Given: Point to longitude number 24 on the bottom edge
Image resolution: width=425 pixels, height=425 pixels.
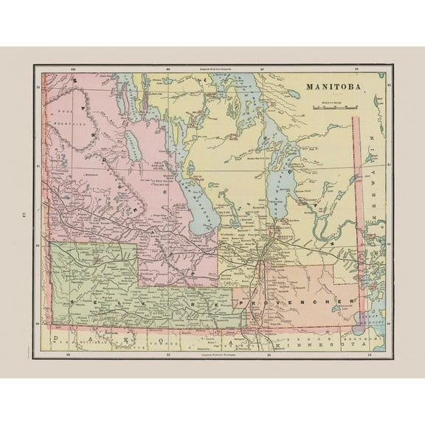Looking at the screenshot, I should click(x=69, y=356).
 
